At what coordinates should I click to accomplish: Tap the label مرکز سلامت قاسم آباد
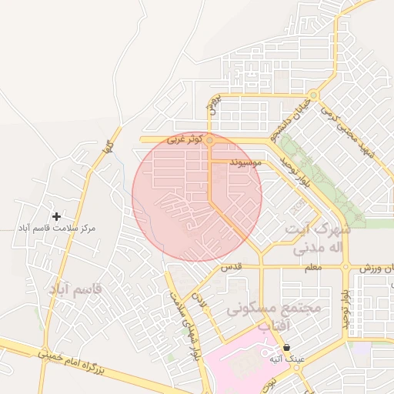pyautogui.click(x=57, y=229)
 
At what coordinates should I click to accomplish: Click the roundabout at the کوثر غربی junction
pyautogui.click(x=209, y=140)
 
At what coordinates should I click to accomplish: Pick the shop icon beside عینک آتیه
pyautogui.click(x=286, y=347)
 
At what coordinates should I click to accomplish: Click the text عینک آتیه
pyautogui.click(x=276, y=359)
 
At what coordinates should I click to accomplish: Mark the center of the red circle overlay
pyautogui.click(x=197, y=196)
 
